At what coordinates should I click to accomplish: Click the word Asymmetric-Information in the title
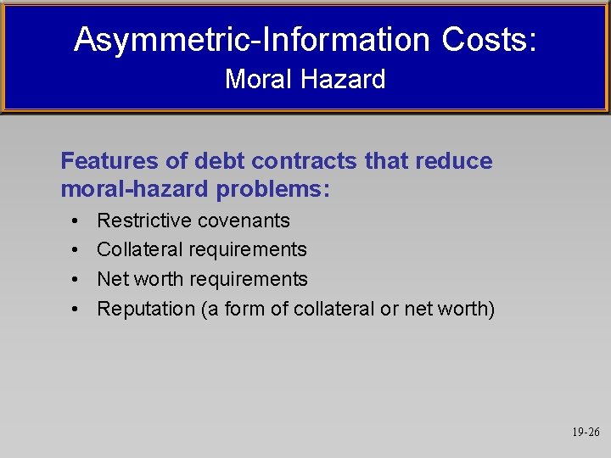click(x=251, y=39)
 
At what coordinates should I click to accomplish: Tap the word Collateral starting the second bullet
click(x=139, y=249)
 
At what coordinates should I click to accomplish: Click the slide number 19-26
click(x=585, y=432)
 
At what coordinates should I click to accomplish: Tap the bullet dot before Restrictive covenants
click(x=76, y=221)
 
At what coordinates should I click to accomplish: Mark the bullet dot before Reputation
click(x=76, y=310)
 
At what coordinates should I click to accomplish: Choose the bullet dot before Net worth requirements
click(x=76, y=280)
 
